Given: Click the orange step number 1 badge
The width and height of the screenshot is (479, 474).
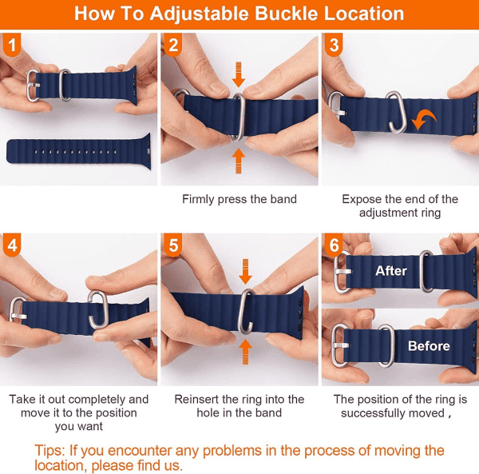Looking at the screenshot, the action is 12,45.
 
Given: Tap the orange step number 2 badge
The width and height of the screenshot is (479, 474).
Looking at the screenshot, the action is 173,45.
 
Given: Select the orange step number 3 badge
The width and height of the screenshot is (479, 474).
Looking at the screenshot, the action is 334,45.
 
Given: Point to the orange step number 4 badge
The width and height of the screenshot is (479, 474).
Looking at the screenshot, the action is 12,245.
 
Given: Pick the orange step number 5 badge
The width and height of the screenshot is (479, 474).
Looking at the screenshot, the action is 173,245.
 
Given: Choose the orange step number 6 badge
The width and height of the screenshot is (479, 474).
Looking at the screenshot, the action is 334,245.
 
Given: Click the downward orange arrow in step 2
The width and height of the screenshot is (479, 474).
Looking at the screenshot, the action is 238,74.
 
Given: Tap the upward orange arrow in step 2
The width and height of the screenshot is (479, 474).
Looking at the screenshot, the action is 238,161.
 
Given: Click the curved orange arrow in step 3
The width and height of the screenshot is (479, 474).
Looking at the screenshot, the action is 424,119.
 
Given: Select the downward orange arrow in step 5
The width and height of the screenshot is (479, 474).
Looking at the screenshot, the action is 245,271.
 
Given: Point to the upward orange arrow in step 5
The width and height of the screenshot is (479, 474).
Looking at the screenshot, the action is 245,353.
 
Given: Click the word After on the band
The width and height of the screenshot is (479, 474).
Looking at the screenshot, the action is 391,271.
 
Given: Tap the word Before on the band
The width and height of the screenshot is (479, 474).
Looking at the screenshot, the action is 429,346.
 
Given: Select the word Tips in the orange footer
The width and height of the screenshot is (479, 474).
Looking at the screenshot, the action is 49,451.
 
